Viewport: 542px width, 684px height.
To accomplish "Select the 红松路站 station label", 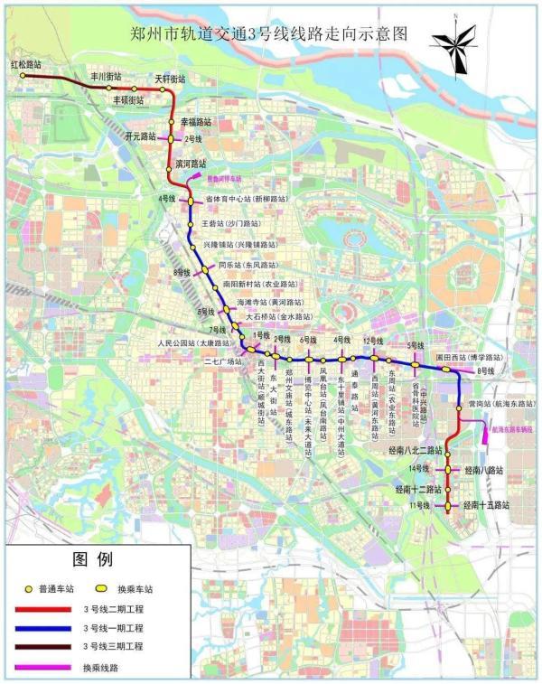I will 26,65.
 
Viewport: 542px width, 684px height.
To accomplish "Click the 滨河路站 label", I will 192,164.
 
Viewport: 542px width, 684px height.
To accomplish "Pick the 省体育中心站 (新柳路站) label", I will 246,198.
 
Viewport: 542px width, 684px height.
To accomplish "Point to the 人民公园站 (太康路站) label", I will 190,343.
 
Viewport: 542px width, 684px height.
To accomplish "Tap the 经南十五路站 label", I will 487,505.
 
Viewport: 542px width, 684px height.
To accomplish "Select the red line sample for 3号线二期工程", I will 42,609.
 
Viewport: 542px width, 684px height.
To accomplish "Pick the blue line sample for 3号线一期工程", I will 42,628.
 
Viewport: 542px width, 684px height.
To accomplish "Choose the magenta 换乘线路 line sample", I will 42,668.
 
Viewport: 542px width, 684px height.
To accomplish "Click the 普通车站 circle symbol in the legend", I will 29,588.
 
